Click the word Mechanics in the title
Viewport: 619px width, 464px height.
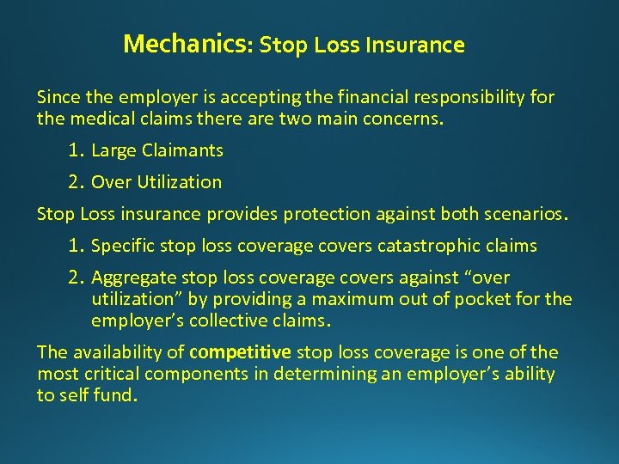pos(184,45)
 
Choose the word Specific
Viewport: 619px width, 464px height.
pos(121,247)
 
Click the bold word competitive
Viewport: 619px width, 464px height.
pos(242,352)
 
